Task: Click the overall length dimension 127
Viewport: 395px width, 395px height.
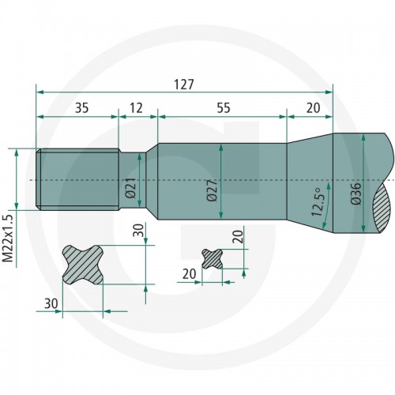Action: (x=184, y=85)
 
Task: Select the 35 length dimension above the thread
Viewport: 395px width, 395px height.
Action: (x=82, y=108)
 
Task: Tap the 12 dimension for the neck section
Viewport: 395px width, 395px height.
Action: (x=136, y=108)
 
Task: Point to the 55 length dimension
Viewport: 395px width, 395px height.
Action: (x=224, y=108)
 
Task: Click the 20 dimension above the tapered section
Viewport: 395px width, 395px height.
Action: (x=313, y=108)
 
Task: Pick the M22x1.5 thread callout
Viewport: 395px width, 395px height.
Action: (x=8, y=238)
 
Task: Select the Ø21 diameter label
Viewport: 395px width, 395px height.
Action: (x=131, y=188)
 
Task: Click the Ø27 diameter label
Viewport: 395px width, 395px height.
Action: (x=213, y=190)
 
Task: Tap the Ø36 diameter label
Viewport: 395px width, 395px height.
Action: (x=356, y=193)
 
